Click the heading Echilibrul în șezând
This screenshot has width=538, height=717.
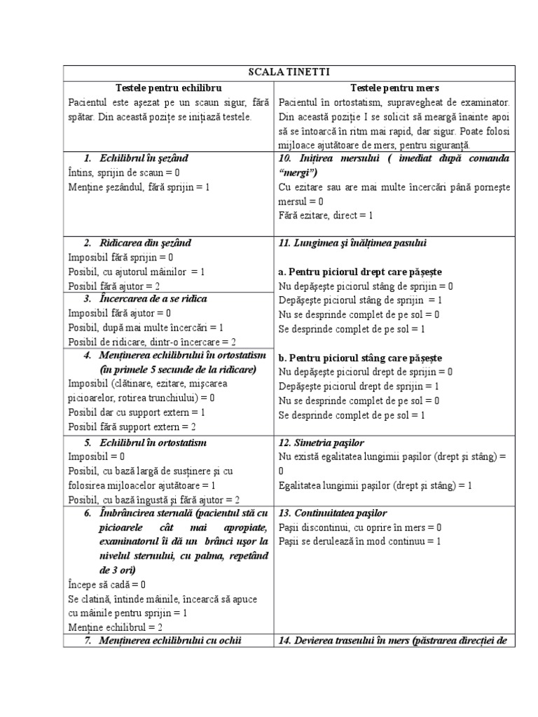[144, 158]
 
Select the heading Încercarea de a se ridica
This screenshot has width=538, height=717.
[153, 299]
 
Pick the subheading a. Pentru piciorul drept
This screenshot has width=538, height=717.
[360, 272]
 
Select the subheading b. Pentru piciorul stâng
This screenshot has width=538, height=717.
[360, 357]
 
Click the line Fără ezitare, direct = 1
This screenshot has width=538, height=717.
[326, 215]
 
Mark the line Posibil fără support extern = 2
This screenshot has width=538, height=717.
[132, 426]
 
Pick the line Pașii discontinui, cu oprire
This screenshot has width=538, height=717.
[360, 527]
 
